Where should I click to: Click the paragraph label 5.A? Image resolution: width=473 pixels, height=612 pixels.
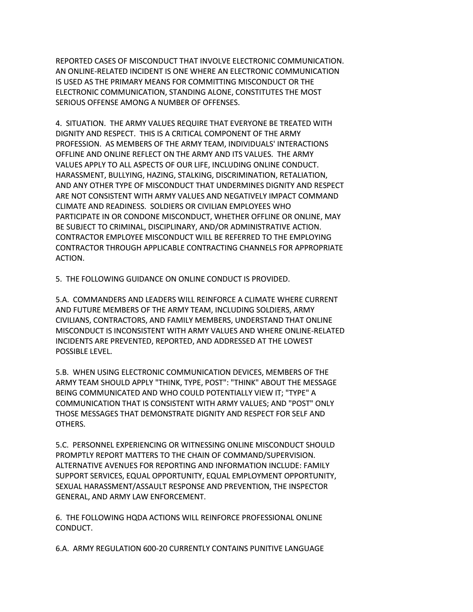[62, 300]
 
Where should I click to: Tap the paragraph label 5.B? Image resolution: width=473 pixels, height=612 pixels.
[62, 372]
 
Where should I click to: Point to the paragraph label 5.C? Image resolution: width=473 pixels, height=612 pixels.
[62, 445]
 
